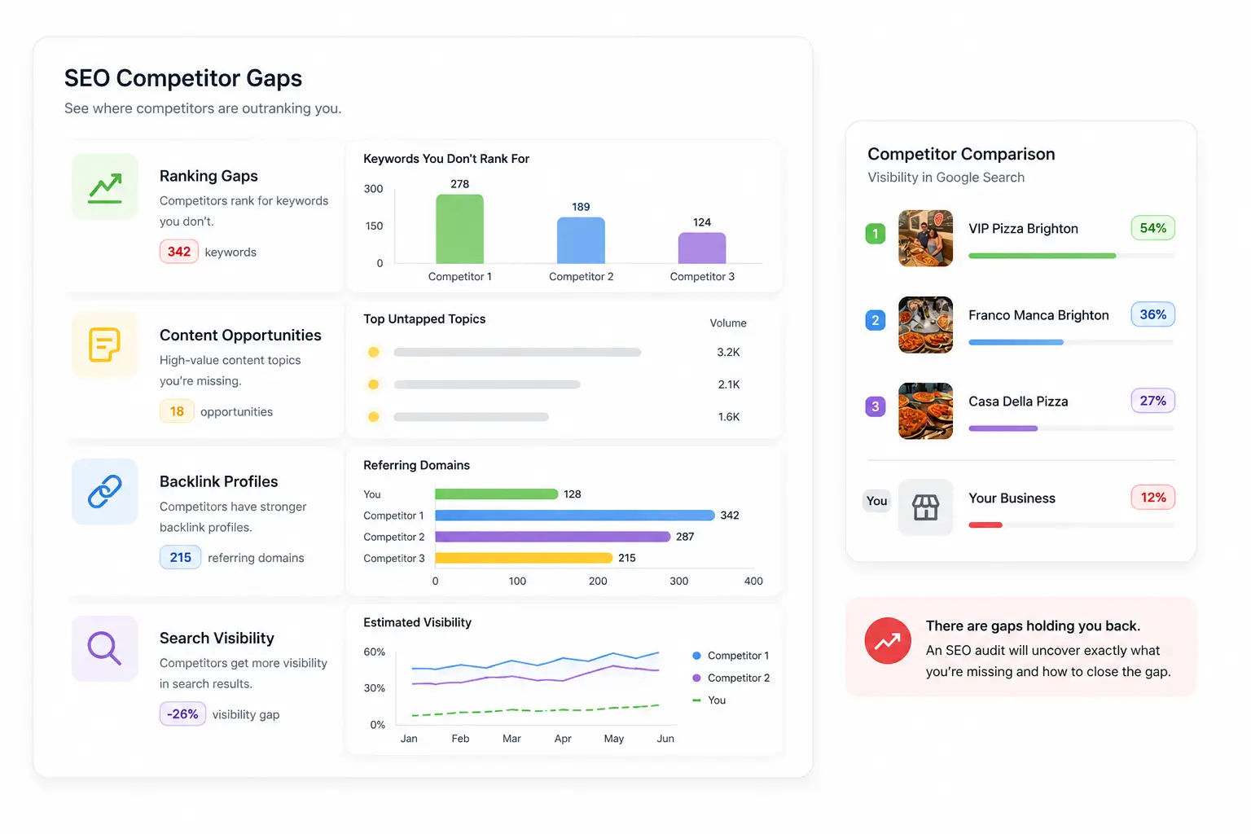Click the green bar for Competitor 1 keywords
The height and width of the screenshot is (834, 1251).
(459, 229)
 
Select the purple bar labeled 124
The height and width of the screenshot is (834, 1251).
(702, 248)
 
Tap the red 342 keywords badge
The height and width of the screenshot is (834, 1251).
(178, 252)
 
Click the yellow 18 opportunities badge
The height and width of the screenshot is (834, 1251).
(177, 411)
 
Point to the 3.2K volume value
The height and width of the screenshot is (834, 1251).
(728, 352)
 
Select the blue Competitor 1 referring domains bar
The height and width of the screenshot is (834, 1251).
(575, 515)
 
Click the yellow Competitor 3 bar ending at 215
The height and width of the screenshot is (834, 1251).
(524, 557)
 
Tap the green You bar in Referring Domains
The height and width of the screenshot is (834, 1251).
(497, 494)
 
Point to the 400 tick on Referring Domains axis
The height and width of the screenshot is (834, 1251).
(753, 581)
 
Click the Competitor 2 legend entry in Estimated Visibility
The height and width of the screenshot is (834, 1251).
(731, 678)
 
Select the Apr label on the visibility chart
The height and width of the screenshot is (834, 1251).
(563, 739)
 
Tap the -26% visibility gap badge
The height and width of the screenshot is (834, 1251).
(182, 714)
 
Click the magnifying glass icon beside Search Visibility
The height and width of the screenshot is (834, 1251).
(104, 648)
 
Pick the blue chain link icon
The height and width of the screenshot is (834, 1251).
(104, 492)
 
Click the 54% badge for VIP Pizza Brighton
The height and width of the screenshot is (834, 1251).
(1152, 228)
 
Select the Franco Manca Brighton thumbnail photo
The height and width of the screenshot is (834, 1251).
(925, 324)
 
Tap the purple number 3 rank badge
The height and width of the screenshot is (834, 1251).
(876, 406)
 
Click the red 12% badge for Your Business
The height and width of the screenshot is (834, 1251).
(1152, 497)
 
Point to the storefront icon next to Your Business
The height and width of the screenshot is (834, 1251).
(925, 507)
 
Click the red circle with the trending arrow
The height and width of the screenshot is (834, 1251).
(888, 641)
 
